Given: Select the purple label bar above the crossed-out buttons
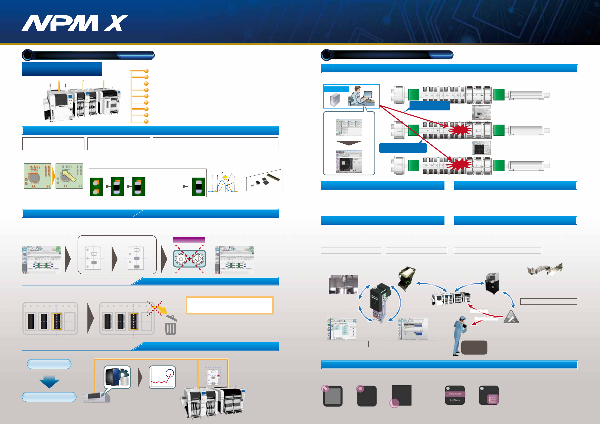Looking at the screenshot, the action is (189, 240).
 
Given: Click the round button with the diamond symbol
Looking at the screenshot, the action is (198, 259).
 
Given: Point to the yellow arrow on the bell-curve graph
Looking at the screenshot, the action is (224, 177).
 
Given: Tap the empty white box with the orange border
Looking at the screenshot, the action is (229, 305).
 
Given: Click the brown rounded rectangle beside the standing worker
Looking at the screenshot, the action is (474, 347).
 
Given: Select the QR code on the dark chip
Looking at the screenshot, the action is (493, 399).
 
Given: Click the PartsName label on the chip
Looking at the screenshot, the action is (455, 393).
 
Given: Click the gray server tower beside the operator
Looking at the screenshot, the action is (335, 100).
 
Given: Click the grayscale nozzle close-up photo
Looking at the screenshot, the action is (343, 285).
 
